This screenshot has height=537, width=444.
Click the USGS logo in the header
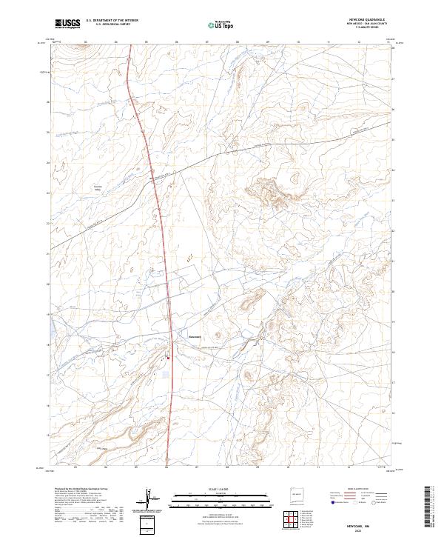pos(68,24)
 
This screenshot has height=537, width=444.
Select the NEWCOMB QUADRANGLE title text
pos(366,20)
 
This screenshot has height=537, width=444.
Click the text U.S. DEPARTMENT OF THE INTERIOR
pos(112,21)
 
